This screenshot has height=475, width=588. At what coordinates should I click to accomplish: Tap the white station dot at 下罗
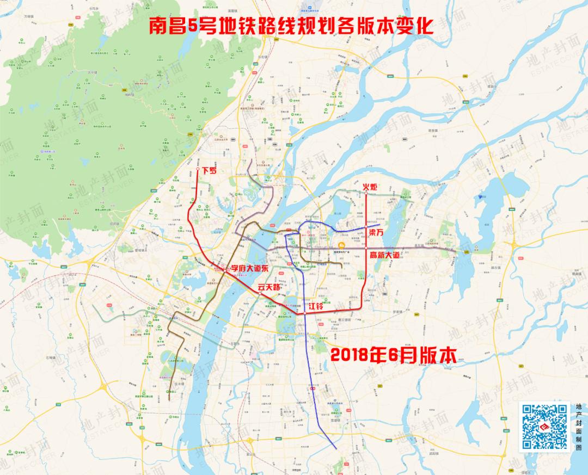tap(198, 170)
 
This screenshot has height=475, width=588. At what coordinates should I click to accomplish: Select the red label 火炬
tap(370, 187)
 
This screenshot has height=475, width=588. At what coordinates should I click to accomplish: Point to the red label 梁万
tap(377, 232)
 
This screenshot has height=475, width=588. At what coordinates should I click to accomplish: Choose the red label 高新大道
tap(388, 255)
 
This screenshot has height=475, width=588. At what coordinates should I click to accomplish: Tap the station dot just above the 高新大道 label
tap(367, 248)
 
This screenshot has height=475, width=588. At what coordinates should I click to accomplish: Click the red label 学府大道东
tap(250, 268)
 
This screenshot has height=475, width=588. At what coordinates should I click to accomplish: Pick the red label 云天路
tap(268, 287)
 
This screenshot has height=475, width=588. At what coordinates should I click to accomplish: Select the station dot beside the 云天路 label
tap(261, 293)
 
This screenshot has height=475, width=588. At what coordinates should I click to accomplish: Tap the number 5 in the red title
tap(192, 26)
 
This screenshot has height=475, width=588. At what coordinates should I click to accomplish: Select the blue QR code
tap(544, 426)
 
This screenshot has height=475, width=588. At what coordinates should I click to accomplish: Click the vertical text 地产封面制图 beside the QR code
tap(578, 427)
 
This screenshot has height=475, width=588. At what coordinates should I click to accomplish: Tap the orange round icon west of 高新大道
tap(341, 245)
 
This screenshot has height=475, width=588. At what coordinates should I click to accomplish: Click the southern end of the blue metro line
tap(336, 448)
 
